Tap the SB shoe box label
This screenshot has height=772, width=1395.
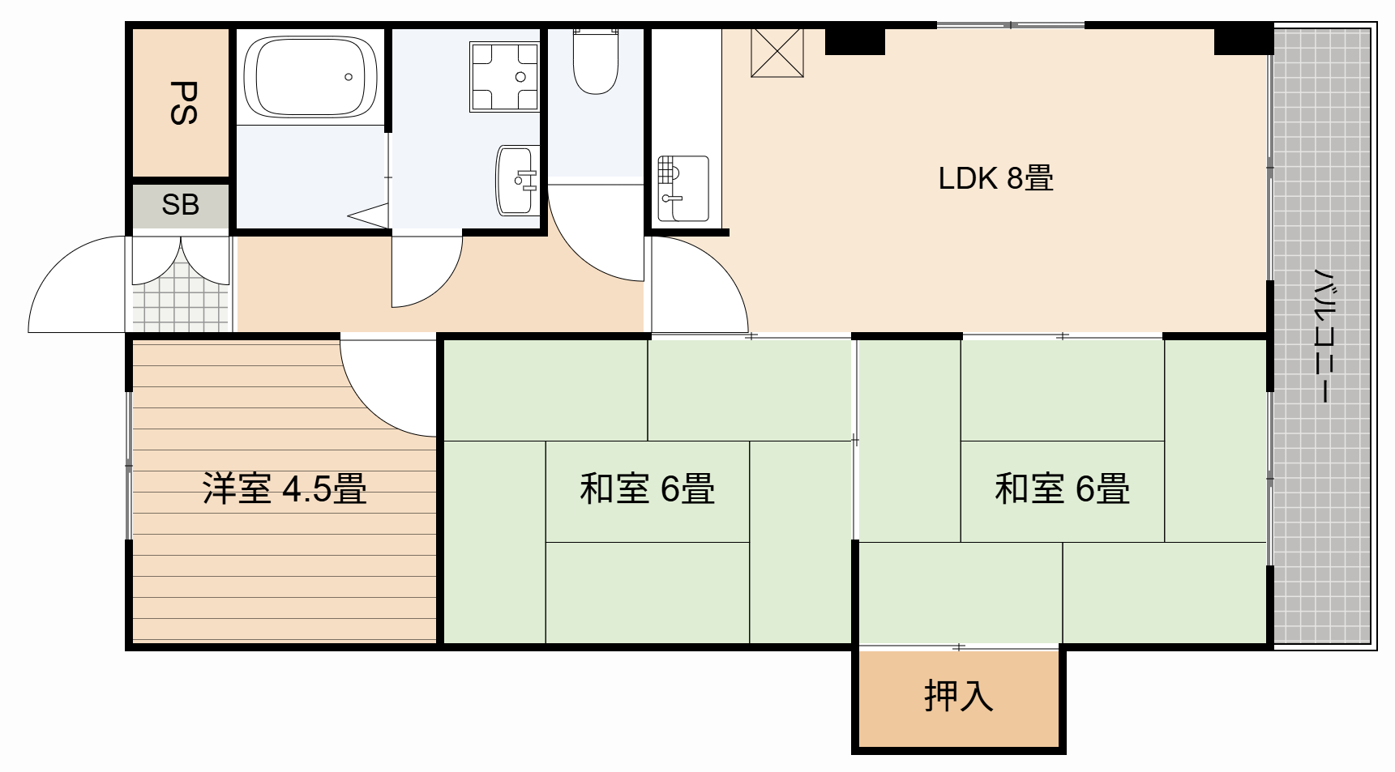click(x=180, y=205)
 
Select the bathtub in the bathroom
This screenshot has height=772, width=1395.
click(x=310, y=78)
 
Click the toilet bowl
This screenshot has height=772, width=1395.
click(x=596, y=62)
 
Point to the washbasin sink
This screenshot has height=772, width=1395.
click(x=516, y=180)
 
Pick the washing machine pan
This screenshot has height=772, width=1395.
click(x=503, y=77)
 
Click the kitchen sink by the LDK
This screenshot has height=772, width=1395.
click(x=683, y=188)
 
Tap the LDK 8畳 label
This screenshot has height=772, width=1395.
click(x=995, y=177)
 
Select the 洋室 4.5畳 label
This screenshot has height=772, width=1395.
click(x=285, y=488)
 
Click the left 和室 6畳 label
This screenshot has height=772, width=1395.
click(x=647, y=488)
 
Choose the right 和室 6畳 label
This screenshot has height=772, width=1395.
click(x=1062, y=488)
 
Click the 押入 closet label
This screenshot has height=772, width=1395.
click(x=958, y=696)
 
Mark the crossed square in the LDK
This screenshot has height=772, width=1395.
click(x=777, y=53)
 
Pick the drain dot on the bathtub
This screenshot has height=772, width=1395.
click(x=349, y=77)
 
